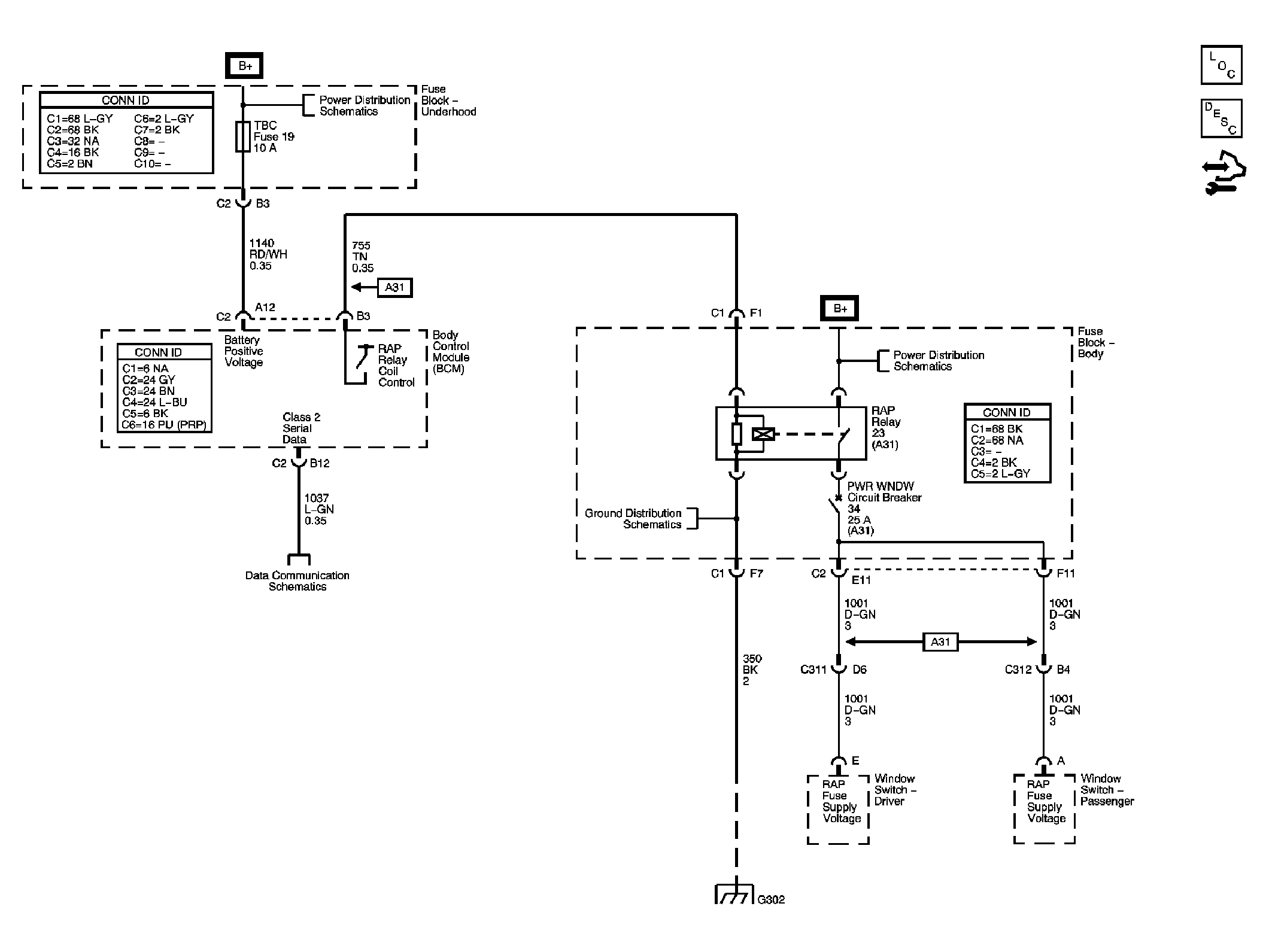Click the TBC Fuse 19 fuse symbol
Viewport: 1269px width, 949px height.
(x=242, y=137)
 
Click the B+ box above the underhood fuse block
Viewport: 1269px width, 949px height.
(x=244, y=66)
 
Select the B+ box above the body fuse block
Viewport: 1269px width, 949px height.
(x=840, y=309)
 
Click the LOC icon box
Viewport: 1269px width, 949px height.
(x=1221, y=65)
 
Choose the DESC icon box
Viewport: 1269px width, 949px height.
(x=1221, y=118)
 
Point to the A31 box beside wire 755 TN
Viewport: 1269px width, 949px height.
(x=394, y=287)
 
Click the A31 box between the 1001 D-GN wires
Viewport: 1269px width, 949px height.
(x=940, y=642)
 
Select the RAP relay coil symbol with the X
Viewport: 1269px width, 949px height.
(x=763, y=434)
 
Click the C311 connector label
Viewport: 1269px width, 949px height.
(x=813, y=670)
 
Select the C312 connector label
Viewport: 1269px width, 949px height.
(x=1018, y=670)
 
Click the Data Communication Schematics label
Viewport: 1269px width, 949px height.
(x=297, y=581)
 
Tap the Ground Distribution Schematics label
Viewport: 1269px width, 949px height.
(x=633, y=519)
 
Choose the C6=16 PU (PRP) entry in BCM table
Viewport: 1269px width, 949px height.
(x=164, y=425)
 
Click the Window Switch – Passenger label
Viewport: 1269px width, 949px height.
(x=1107, y=790)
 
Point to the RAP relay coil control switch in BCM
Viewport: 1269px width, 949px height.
(x=361, y=358)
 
